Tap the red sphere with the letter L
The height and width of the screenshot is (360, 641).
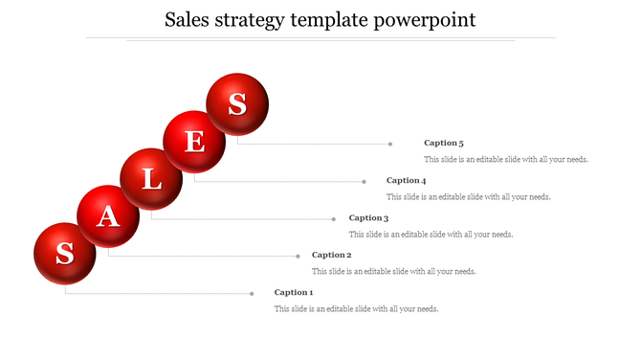151,179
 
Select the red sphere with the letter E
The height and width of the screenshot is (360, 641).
194,142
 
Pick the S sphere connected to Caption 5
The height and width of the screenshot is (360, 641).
237,103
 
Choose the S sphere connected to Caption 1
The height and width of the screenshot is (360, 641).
65,254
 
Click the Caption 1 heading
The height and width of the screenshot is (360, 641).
294,292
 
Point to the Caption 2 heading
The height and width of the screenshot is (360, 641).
332,255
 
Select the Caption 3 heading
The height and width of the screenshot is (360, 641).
368,218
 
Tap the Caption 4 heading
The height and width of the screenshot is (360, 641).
406,180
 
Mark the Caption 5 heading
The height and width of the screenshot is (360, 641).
444,143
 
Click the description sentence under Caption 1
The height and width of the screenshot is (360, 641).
356,308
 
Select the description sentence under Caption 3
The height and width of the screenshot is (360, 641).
431,234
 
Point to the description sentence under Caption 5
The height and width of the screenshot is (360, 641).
506,159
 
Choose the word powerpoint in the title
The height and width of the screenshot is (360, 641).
431,20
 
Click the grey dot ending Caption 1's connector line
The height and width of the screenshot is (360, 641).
252,293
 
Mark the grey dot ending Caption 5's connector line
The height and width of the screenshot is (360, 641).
390,144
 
